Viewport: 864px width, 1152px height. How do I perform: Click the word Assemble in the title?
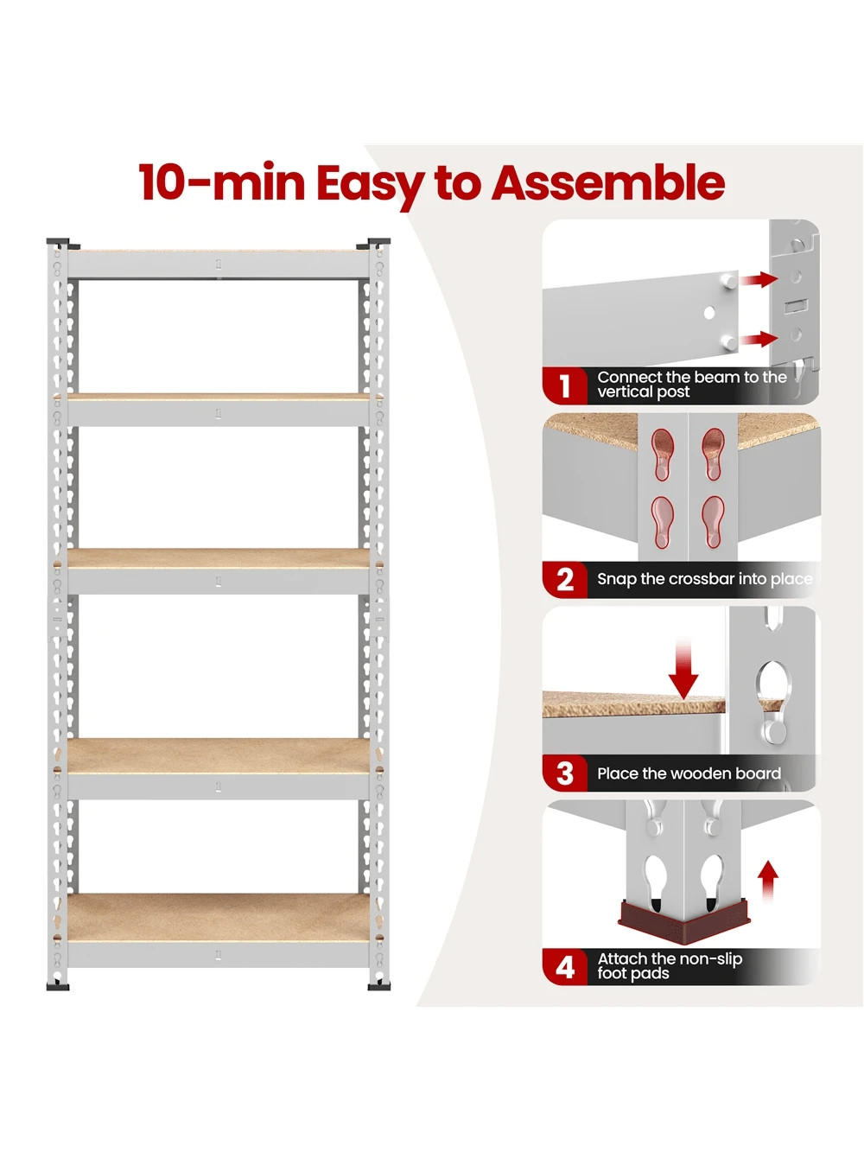pos(608,183)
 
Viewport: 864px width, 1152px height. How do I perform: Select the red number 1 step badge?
pos(565,385)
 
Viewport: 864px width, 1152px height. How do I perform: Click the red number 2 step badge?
pos(565,579)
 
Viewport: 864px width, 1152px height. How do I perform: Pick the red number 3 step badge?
pos(565,773)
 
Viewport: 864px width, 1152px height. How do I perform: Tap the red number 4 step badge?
pos(565,967)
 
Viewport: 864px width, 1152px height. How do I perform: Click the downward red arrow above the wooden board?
pos(683,671)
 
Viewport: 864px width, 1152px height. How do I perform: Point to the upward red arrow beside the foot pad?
pos(767,882)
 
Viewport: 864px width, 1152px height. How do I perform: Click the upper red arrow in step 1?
pos(759,279)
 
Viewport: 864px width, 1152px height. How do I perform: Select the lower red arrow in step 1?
pos(759,338)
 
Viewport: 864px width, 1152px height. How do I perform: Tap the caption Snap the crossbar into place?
pos(704,579)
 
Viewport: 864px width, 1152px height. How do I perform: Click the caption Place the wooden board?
pos(689,773)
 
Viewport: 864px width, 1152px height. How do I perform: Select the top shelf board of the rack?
pos(218,251)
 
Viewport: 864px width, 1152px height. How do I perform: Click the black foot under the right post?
pos(379,985)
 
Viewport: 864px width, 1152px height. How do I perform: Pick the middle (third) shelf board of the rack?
pos(218,558)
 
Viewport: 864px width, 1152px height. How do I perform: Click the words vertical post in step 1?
pos(644,392)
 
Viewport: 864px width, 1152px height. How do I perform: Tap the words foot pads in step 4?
pos(633,974)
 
